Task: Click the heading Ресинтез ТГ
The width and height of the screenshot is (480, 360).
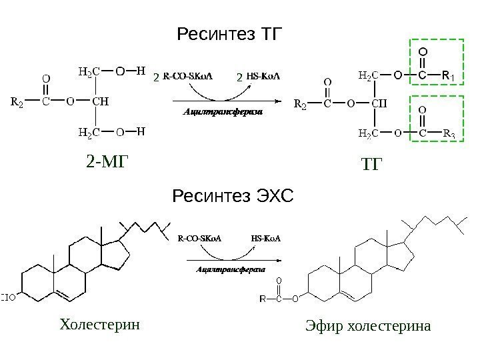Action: pyautogui.click(x=229, y=33)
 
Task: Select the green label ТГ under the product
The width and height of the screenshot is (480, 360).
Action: pyautogui.click(x=373, y=163)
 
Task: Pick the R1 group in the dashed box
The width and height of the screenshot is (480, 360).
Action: pyautogui.click(x=448, y=76)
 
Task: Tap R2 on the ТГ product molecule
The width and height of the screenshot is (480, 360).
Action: pyautogui.click(x=301, y=105)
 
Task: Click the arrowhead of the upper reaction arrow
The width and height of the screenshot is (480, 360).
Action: pyautogui.click(x=275, y=101)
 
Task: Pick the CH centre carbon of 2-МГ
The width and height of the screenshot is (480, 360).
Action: pyautogui.click(x=100, y=103)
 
